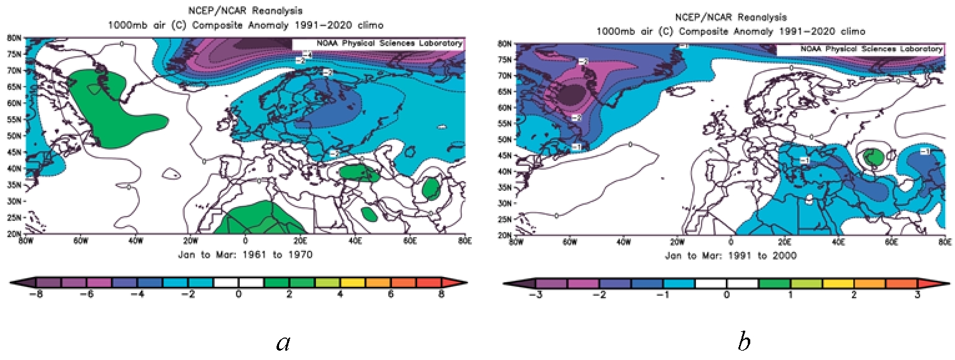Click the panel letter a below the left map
coord(283,342)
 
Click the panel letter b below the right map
coord(743,342)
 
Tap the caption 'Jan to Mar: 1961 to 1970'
coord(245,255)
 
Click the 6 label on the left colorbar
coord(391,295)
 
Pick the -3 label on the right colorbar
coord(535,295)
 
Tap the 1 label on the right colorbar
coord(790,295)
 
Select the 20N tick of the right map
coord(504,235)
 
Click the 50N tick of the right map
coord(504,139)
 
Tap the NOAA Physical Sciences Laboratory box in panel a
coord(378,44)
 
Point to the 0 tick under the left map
coord(245,241)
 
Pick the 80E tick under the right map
coord(945,241)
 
